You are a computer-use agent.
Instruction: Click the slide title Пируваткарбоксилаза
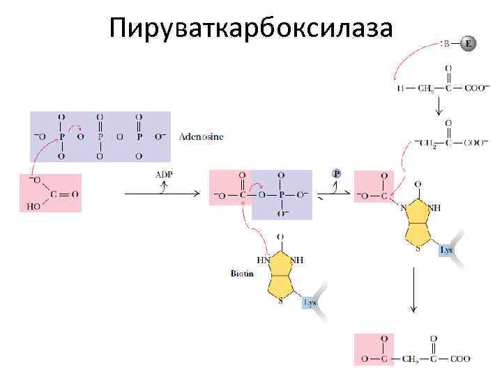point(251,29)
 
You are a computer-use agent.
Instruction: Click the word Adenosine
point(201,136)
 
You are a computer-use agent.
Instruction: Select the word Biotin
point(242,274)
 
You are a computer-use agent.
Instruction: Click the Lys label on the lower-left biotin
point(310,303)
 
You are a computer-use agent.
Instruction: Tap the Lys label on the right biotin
point(447,249)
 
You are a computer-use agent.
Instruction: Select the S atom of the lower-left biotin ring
point(279,301)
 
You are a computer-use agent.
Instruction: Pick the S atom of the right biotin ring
point(417,249)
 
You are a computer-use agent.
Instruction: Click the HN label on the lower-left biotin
point(264,260)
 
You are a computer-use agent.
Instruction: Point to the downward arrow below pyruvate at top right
point(439,106)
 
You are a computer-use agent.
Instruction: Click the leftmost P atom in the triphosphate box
point(61,137)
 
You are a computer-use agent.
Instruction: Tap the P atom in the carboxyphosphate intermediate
point(280,195)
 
